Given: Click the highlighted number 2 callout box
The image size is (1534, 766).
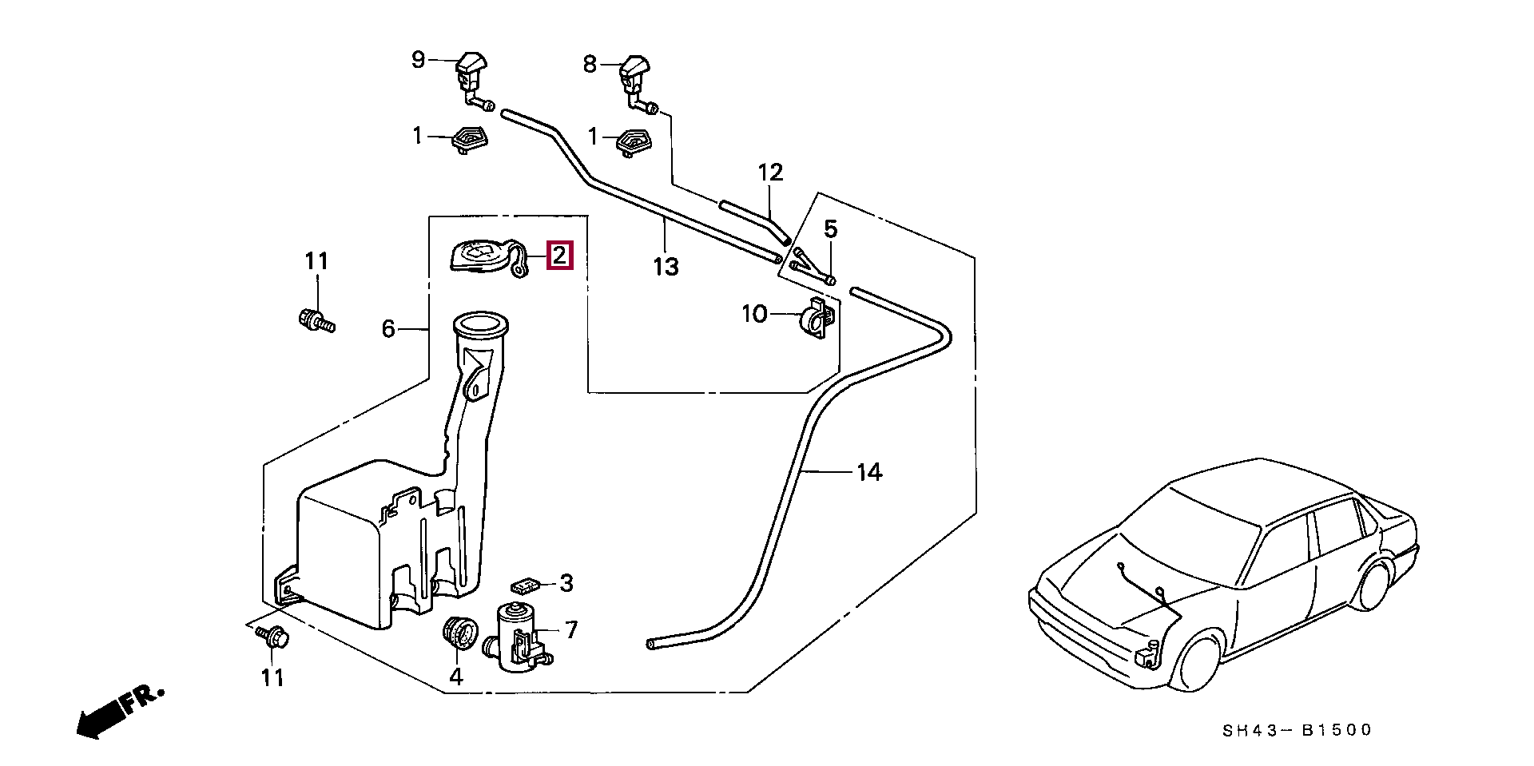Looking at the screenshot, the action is click(559, 256).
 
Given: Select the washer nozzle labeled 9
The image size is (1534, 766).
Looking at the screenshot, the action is click(474, 80).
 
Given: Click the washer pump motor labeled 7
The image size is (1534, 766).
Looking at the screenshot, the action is click(521, 635).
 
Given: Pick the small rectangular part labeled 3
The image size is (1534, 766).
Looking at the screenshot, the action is click(525, 586).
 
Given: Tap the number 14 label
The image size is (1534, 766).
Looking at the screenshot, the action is click(869, 473).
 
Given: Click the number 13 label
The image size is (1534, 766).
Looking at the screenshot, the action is click(666, 267).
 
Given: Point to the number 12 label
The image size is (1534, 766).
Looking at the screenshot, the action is click(770, 173).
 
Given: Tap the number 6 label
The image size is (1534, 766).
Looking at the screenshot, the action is click(388, 328).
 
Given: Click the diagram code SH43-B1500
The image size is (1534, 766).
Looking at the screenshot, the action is click(1298, 729).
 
